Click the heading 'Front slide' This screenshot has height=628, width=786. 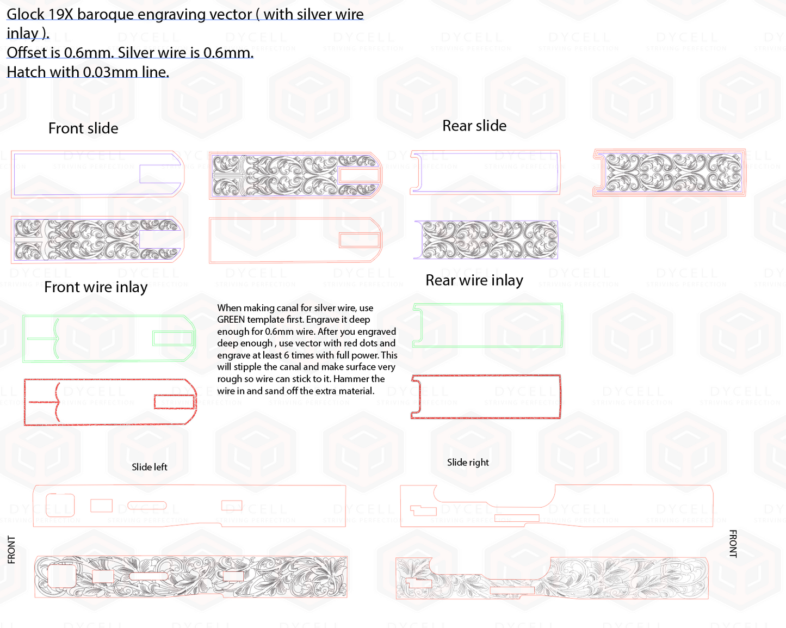(x=83, y=128)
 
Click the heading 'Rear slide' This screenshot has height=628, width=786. (x=474, y=126)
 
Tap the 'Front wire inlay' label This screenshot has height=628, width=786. (x=96, y=287)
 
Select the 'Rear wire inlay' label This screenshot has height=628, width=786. (x=474, y=280)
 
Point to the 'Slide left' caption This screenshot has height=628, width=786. (x=150, y=467)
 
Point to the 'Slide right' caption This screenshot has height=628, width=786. (x=468, y=463)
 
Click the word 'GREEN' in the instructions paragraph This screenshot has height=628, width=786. (x=231, y=319)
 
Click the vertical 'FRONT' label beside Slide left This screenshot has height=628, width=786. (x=11, y=550)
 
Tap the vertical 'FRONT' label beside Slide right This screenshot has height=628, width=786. (x=733, y=544)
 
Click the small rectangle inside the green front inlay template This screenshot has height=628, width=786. (x=173, y=338)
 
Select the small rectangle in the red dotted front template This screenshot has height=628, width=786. (x=175, y=402)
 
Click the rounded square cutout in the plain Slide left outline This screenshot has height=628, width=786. (x=60, y=505)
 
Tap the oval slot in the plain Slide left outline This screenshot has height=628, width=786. (x=147, y=506)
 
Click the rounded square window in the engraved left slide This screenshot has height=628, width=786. (x=62, y=576)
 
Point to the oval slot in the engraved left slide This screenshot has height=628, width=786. (x=148, y=576)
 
